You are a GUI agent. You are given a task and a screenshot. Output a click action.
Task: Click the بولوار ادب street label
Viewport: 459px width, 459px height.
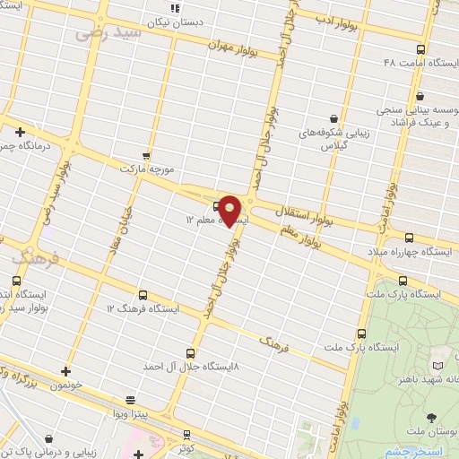[x=337, y=18]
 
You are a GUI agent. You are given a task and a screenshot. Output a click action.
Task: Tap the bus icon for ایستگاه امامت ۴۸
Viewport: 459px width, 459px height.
[x=421, y=50]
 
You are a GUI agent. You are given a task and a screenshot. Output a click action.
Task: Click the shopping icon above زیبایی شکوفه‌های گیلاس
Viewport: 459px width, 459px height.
[x=333, y=117]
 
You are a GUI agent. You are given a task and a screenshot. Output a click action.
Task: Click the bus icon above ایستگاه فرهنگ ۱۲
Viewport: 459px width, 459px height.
[x=143, y=294]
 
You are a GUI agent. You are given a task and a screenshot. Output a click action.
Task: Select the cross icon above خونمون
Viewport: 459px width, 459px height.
[x=65, y=369]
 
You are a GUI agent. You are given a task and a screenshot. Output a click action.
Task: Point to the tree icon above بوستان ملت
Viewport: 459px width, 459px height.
[x=433, y=417]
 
